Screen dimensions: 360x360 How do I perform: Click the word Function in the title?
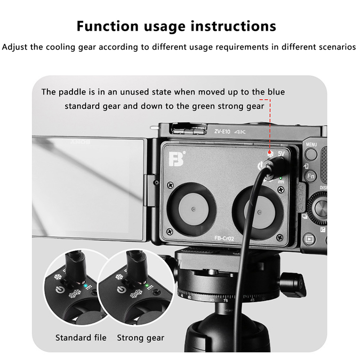(x=108, y=26)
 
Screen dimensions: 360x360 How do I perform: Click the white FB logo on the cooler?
(x=176, y=158)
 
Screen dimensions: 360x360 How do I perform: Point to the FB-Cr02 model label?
(x=224, y=238)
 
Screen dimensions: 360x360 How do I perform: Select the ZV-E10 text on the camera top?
(x=222, y=131)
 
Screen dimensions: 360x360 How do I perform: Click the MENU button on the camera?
(x=311, y=154)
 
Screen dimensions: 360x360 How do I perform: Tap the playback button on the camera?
(x=309, y=239)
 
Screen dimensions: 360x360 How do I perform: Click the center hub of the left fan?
(x=194, y=209)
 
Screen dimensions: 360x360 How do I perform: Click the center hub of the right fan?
(x=260, y=212)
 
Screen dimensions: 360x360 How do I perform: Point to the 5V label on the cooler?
(x=281, y=153)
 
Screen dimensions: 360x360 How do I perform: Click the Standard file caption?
(x=81, y=338)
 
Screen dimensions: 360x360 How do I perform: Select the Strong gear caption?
(x=141, y=338)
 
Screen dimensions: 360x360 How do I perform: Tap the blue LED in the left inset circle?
(x=85, y=286)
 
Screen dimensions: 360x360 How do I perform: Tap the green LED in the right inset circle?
(x=147, y=286)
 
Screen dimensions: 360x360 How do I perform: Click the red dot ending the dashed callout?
(x=270, y=153)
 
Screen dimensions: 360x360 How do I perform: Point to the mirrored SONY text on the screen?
(x=81, y=142)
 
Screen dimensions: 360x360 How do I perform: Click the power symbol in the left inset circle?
(x=60, y=289)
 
